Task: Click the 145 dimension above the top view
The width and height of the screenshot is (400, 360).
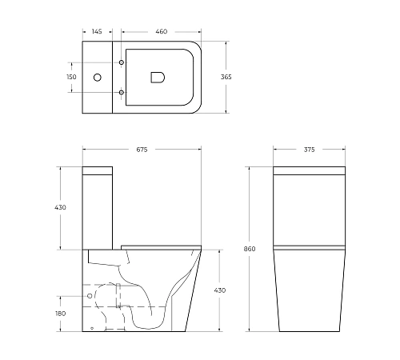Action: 96,31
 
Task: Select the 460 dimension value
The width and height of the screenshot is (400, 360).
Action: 161,31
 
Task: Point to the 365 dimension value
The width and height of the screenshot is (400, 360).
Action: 226,77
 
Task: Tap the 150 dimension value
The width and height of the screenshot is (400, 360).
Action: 71,77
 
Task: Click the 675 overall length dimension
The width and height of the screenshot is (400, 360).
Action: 142,150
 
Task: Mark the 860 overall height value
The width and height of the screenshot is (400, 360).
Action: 250,250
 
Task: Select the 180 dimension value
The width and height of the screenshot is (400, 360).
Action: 62,314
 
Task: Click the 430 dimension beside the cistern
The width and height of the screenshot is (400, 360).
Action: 62,207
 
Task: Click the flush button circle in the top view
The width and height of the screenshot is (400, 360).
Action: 97,78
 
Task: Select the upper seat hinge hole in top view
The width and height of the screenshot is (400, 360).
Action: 122,62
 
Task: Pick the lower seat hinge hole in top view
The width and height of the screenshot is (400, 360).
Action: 122,93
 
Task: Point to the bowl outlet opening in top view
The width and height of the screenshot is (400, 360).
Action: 157,77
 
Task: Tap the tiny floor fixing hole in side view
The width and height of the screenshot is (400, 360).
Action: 92,328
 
